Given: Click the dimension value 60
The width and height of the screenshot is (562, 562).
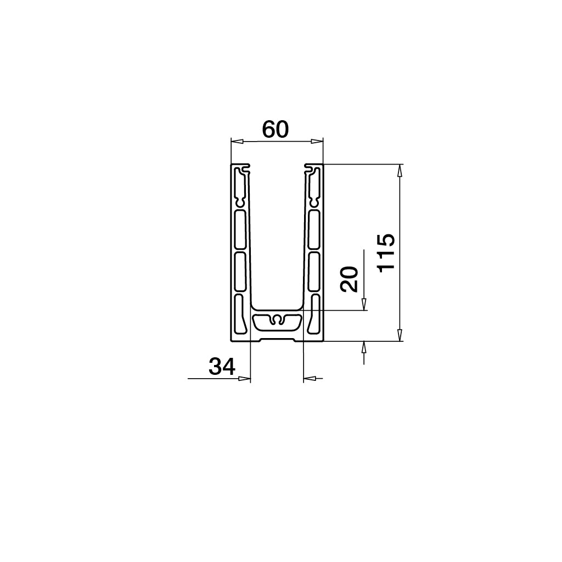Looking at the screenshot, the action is (275, 130).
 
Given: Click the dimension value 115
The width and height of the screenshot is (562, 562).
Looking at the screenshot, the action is (387, 252).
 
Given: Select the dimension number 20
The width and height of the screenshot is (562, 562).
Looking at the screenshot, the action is (350, 279).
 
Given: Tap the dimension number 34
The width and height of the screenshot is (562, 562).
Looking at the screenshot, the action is (222, 366).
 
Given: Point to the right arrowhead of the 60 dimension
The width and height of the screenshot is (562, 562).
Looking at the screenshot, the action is (317, 142).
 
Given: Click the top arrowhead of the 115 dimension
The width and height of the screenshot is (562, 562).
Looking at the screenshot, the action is (400, 171).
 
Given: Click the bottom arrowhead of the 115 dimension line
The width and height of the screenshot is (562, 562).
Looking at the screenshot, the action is (400, 334).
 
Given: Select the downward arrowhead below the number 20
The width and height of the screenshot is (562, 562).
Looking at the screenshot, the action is (364, 304).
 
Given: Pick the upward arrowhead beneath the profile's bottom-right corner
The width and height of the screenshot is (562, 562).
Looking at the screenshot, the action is (364, 347).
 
